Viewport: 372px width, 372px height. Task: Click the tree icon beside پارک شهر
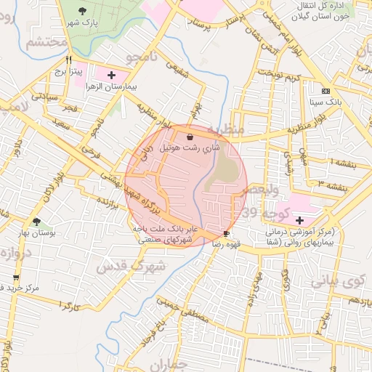pyautogui.click(x=82, y=10)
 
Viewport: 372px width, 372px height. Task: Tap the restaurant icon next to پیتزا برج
pyautogui.click(x=69, y=60)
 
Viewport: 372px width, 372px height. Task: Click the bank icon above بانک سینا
pyautogui.click(x=325, y=92)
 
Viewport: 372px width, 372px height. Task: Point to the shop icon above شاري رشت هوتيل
pyautogui.click(x=190, y=136)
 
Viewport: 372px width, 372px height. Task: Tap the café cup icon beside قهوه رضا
pyautogui.click(x=227, y=233)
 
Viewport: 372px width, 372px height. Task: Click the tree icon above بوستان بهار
pyautogui.click(x=36, y=222)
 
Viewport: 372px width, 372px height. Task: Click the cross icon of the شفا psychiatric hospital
pyautogui.click(x=301, y=220)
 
